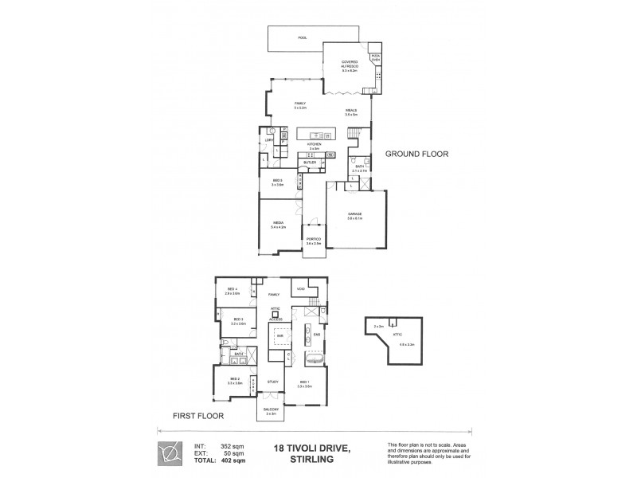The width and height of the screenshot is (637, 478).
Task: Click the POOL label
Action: click(302, 37)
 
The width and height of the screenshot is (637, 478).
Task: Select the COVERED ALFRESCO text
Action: click(349, 63)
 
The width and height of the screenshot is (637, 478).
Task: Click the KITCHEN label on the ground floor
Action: click(315, 144)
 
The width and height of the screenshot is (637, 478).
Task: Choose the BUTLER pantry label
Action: click(309, 163)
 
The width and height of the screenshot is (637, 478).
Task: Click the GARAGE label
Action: click(355, 214)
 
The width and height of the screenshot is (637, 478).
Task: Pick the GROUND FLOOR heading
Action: click(416, 153)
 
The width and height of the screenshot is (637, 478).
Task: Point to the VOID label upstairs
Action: click(301, 288)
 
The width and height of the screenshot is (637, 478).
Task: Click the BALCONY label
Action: click(271, 410)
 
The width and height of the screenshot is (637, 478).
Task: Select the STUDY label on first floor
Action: click(272, 382)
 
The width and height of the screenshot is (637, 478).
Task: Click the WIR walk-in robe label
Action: click(279, 336)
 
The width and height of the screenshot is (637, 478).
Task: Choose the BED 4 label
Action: click(233, 289)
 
